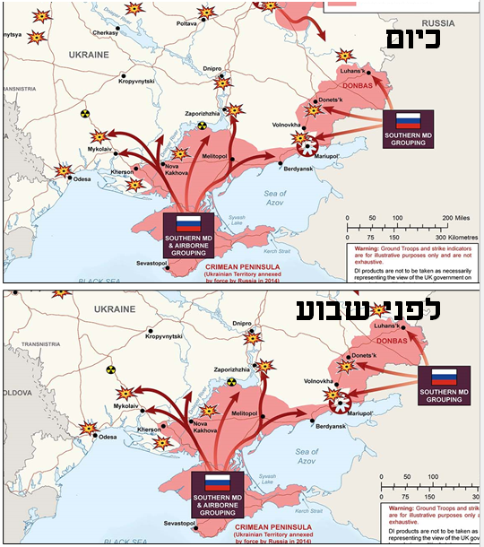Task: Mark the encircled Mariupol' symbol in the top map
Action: coord(309,148)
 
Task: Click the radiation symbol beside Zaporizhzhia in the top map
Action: coord(203,126)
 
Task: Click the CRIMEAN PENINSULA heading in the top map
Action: coord(242,266)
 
